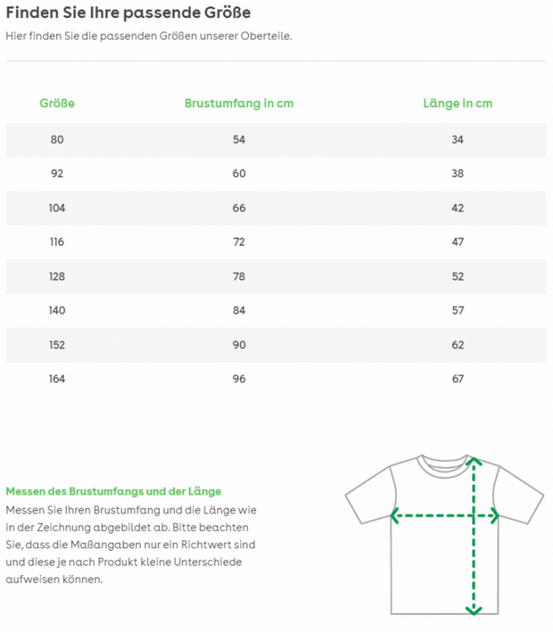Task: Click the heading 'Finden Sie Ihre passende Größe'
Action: [128, 13]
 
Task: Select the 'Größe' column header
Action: [57, 103]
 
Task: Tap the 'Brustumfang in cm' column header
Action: [239, 103]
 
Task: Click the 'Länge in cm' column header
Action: [457, 103]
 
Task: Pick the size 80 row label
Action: [57, 139]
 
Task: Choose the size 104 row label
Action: [57, 208]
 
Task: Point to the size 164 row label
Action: [57, 378]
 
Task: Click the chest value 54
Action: [239, 139]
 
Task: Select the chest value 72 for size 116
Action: [239, 242]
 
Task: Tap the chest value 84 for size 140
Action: [239, 311]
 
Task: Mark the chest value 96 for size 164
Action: [239, 378]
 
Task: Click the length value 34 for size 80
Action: [457, 139]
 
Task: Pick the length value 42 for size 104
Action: [457, 208]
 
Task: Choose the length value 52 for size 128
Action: [457, 276]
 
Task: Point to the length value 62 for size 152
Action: [457, 345]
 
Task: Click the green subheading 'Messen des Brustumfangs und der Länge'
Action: [114, 491]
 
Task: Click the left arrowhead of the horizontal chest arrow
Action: [394, 516]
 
